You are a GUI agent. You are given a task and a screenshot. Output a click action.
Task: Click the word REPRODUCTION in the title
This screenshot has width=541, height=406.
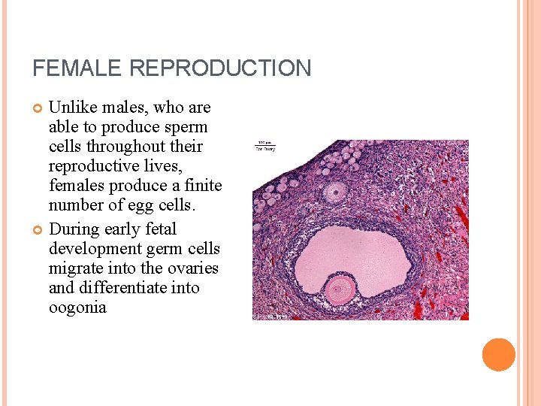(x=220, y=68)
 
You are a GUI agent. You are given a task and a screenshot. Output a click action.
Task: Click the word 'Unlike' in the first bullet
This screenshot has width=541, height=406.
(x=72, y=108)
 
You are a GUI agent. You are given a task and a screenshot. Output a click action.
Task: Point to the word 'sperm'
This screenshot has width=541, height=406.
(x=187, y=127)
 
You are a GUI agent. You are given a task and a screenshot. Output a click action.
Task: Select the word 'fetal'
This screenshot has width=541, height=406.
(x=157, y=229)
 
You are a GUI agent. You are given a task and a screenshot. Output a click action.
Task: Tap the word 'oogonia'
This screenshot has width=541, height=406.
(x=77, y=307)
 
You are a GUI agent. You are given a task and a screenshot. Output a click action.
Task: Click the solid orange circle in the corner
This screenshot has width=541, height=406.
(x=499, y=355)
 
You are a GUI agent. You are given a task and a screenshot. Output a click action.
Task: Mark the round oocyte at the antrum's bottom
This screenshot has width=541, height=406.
(x=340, y=289)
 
